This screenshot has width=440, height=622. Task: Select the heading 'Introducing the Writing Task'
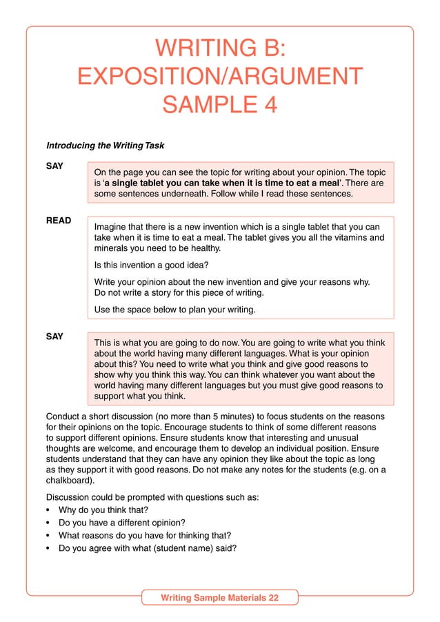(x=106, y=146)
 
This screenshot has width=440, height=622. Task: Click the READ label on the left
(x=59, y=222)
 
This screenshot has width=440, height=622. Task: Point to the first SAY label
(x=54, y=167)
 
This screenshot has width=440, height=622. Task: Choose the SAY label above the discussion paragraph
(x=54, y=337)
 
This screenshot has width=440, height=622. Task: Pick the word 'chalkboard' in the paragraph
(x=71, y=483)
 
